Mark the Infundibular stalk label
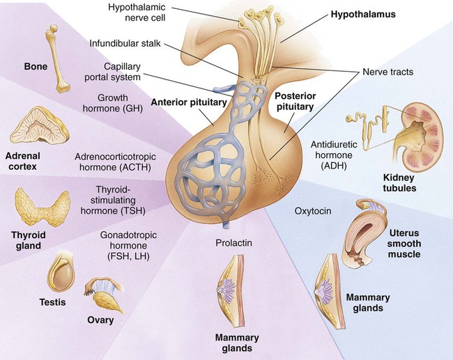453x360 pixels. point(125,43)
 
